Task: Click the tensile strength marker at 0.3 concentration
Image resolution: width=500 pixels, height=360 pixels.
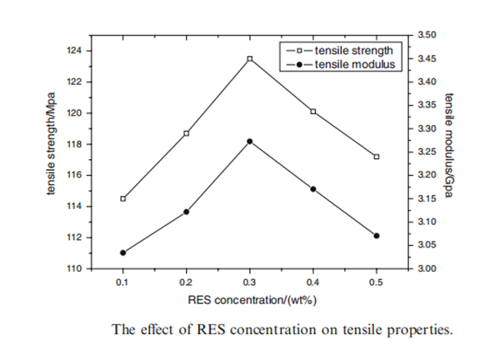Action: (x=250, y=59)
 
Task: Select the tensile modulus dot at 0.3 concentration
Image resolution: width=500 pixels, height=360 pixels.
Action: (x=250, y=142)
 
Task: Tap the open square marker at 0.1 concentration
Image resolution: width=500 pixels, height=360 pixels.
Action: (x=123, y=198)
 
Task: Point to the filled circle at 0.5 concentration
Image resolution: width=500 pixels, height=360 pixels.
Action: (x=377, y=236)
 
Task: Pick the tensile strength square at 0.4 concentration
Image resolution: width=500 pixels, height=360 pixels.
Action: (x=313, y=111)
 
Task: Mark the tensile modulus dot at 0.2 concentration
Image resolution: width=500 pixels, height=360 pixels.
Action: (x=187, y=212)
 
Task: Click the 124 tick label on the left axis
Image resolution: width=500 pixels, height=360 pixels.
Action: (x=74, y=51)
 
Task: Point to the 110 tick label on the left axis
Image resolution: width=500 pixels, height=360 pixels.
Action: (x=74, y=269)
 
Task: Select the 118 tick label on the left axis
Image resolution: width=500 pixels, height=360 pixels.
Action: (x=74, y=144)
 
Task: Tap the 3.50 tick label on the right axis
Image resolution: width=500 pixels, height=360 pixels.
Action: (x=426, y=35)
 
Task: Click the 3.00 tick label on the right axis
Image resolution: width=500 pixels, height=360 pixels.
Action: (x=426, y=269)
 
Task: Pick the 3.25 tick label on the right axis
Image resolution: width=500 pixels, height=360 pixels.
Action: (x=426, y=152)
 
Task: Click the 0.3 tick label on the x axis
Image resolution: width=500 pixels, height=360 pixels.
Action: (x=250, y=282)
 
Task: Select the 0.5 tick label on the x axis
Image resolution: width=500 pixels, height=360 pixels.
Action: (x=377, y=282)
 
